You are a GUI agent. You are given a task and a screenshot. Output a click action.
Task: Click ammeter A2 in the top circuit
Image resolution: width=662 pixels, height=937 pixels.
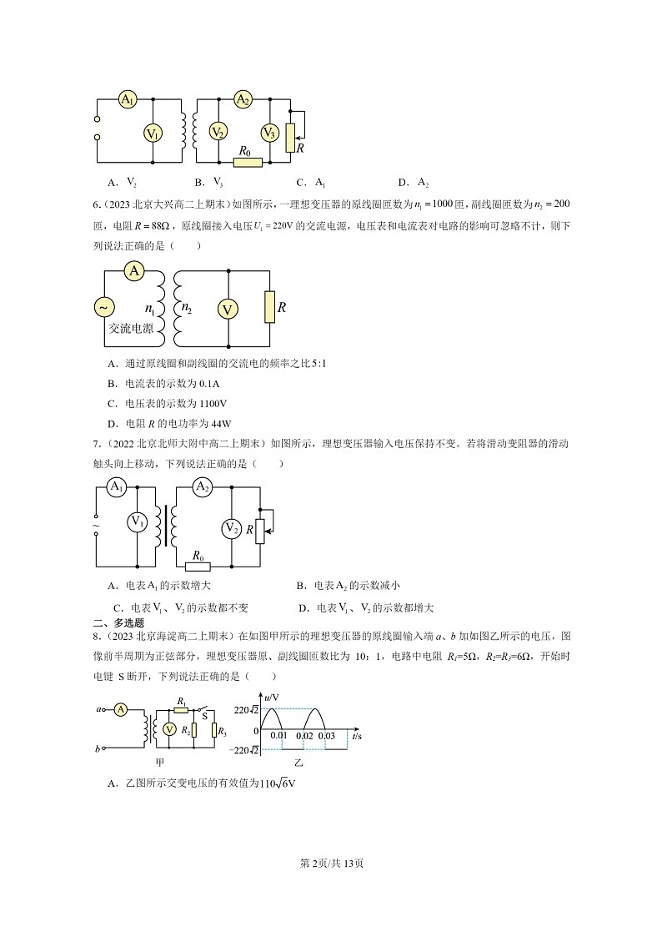243,100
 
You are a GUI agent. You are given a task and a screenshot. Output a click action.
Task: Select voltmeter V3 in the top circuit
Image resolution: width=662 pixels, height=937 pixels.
269,133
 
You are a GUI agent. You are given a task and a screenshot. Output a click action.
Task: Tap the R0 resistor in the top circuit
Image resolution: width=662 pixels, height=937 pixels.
248,162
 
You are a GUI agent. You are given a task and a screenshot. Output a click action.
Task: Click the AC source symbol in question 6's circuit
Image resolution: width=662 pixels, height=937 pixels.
105,308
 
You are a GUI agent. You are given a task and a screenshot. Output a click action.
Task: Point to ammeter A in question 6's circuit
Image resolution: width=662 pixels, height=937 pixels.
134,271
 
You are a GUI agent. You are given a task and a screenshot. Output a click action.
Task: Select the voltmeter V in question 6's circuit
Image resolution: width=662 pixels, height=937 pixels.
228,310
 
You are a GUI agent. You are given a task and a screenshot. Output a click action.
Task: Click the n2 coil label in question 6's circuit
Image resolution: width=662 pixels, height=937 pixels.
188,308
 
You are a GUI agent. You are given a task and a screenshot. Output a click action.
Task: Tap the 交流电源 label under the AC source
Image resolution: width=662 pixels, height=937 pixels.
131,330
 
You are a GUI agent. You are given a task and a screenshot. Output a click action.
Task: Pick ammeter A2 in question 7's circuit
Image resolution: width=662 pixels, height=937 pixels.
202,487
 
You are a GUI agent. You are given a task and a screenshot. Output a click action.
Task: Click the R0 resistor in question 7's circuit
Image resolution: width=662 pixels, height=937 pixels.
200,566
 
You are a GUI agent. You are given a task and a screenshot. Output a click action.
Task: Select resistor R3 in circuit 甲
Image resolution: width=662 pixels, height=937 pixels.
215,731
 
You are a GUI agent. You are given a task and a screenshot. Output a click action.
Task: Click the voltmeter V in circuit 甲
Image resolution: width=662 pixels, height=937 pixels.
169,729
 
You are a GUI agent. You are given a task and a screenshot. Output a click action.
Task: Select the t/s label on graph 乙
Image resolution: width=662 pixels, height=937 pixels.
357,737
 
